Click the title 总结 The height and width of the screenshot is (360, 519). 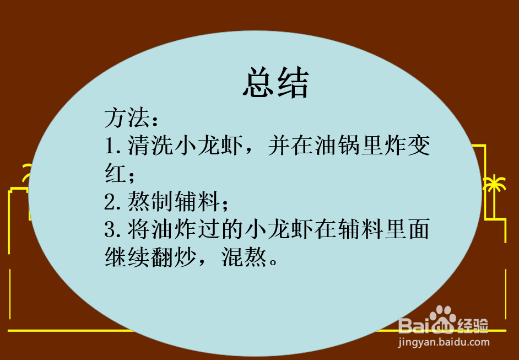click(275, 84)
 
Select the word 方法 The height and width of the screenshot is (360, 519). click(127, 118)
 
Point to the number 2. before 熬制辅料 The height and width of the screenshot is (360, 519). click(115, 202)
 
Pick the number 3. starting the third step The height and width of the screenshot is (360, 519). click(115, 229)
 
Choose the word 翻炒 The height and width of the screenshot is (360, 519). click(174, 257)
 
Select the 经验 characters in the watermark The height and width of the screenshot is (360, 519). click(473, 325)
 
